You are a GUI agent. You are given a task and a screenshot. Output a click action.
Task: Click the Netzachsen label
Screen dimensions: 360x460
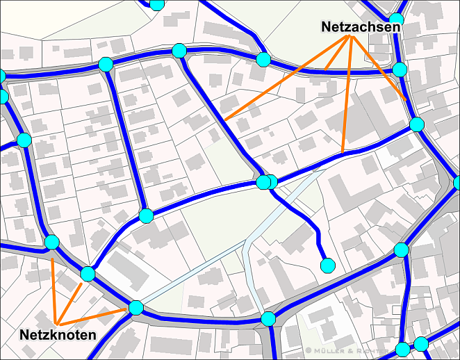[x=361, y=26]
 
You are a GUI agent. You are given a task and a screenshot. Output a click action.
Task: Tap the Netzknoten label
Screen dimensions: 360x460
[x=58, y=335]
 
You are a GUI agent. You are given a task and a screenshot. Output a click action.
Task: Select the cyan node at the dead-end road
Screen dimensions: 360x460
[x=327, y=265]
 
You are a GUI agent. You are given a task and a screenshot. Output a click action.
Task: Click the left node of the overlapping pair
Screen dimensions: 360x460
[x=263, y=182]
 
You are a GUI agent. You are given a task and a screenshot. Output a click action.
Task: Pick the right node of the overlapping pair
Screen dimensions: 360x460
[x=271, y=182]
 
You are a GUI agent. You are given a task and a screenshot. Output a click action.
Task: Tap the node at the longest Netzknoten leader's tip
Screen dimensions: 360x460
[x=136, y=307]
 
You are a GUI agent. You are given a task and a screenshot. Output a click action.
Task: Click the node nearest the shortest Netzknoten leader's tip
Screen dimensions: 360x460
[x=88, y=273]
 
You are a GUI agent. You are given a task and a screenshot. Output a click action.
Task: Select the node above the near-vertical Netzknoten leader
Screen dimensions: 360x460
[x=51, y=243]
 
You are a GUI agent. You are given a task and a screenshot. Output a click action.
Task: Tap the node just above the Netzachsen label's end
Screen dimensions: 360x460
[x=396, y=19]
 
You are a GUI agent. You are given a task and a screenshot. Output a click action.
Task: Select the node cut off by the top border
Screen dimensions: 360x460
[x=157, y=3]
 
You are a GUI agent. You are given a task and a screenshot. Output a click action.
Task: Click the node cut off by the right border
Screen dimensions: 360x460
[x=457, y=183]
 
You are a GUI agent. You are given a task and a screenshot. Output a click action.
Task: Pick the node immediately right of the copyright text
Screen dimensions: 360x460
[x=403, y=348]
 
